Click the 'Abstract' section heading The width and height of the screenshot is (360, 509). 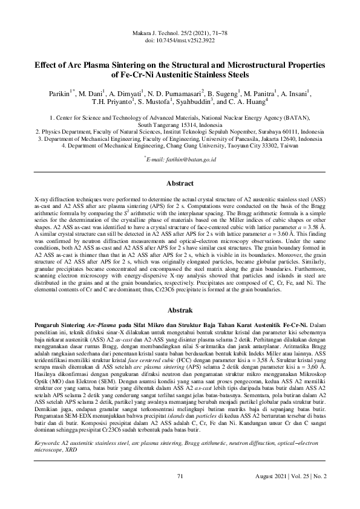[180, 183]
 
